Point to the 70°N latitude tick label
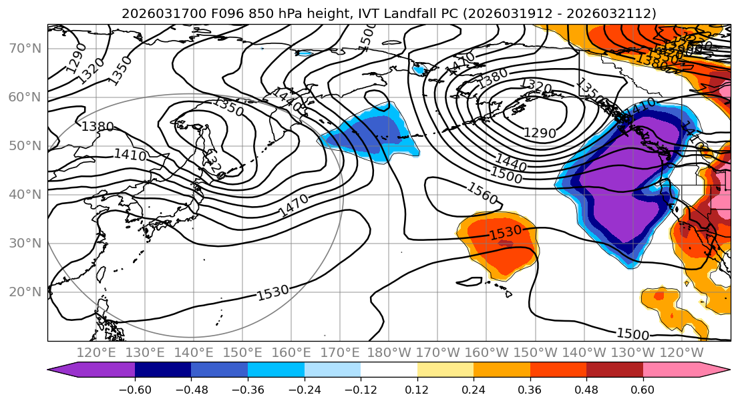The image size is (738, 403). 25,48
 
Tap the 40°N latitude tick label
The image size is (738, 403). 25,194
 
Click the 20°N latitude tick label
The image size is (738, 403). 25,292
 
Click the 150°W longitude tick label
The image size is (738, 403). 535,352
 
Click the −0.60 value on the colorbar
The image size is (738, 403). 135,388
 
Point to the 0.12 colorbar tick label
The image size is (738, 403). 417,388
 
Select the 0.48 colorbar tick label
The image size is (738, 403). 586,388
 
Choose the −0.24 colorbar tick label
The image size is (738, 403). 304,388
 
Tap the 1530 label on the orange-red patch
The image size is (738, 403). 505,234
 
